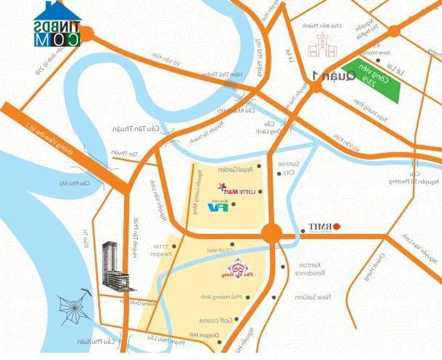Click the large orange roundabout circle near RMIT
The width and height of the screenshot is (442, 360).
point(271,233)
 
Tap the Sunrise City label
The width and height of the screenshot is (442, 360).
point(294,170)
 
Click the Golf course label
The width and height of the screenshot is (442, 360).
point(214,320)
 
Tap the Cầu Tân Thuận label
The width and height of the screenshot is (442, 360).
point(131,128)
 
